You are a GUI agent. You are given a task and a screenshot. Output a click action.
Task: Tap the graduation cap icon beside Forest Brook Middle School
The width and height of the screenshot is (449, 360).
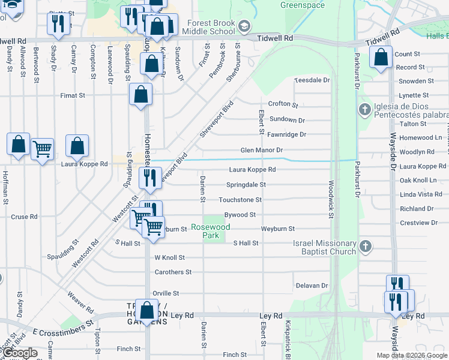[x=244, y=26]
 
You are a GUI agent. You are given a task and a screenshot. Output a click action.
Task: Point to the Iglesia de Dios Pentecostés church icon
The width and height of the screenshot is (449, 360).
[x=364, y=110]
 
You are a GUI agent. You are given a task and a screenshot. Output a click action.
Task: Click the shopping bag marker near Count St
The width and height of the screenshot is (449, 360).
[x=381, y=59]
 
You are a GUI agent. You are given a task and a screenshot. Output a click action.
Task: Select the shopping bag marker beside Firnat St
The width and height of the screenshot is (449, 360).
[x=140, y=95]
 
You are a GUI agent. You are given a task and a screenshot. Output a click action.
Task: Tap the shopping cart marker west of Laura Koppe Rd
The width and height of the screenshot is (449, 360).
[x=42, y=148]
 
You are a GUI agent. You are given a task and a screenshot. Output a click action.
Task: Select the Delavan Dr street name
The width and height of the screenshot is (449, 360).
[x=312, y=286]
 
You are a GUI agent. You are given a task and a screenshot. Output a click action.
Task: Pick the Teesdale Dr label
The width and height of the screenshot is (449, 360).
[x=312, y=80]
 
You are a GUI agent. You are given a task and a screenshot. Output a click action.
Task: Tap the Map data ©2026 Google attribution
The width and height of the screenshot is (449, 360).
[x=411, y=355]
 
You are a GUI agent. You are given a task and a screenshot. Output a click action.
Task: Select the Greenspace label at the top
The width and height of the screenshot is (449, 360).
[x=303, y=5]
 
